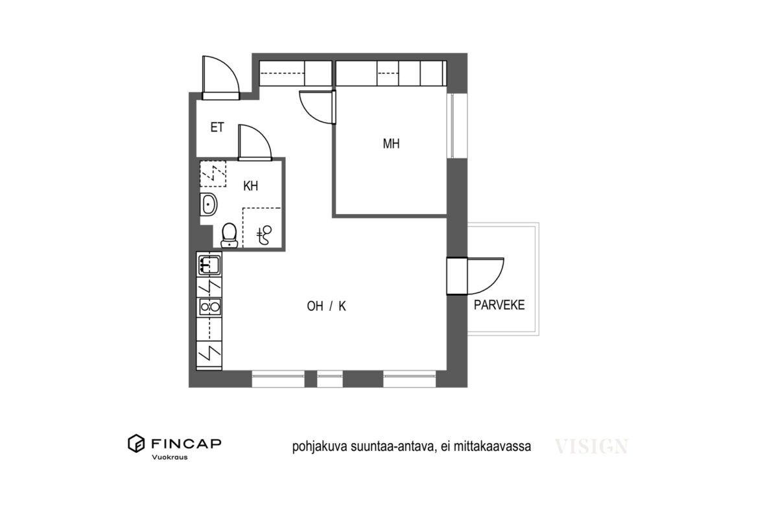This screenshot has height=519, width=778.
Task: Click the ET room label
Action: pos(217,127)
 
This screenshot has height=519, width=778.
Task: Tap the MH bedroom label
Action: pos(391,143)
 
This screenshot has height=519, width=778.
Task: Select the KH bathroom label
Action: pos(250,186)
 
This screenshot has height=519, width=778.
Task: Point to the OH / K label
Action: pos(326,306)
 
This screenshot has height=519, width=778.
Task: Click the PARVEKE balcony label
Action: pos(499,305)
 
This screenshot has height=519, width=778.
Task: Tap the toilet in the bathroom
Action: pos(230,235)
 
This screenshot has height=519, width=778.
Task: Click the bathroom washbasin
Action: pos(208,204)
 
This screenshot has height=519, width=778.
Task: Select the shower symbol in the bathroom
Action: pos(265,235)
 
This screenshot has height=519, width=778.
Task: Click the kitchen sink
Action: pos(209,265)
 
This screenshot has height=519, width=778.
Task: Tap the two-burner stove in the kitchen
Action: pos(209,307)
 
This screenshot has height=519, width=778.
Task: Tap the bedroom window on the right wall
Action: pos(451,125)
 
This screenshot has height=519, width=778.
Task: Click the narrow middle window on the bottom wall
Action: pos(329,379)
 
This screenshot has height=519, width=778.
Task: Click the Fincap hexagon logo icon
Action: pos(136,443)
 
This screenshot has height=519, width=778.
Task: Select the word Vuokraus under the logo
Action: pos(169,457)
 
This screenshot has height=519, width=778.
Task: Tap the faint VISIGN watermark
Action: pos(591,446)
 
